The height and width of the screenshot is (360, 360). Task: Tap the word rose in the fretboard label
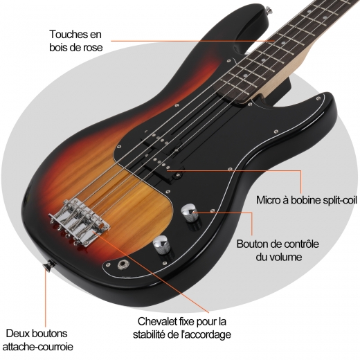coord(93,48)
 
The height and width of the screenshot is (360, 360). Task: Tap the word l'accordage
coord(204,334)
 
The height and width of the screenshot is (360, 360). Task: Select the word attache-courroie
coord(38,347)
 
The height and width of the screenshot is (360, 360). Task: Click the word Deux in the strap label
coord(17,334)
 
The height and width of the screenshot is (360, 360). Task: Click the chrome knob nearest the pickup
coord(190,213)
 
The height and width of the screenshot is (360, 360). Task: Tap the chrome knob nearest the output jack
coord(162,245)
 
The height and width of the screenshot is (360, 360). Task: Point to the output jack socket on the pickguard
coord(121,264)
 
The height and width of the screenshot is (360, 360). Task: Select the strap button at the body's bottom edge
coord(49,265)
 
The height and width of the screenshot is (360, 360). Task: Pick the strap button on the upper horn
coord(269,10)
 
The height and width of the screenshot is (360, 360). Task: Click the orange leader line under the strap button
coord(46,300)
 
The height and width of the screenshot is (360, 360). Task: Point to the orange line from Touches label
coord(193,41)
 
